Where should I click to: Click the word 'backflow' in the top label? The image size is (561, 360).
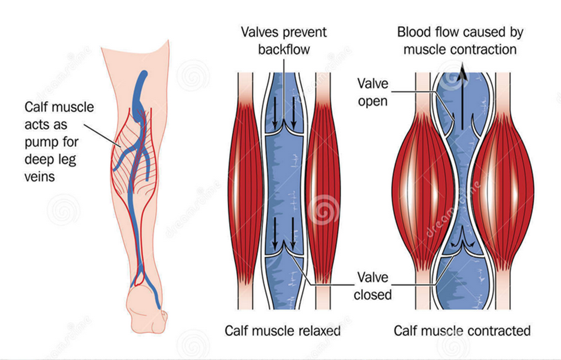(284, 49)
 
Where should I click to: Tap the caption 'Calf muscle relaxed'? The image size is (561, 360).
(282, 331)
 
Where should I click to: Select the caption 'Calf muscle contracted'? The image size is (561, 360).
(462, 331)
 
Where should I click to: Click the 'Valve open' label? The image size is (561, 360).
(373, 92)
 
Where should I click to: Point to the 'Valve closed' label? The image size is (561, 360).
(373, 286)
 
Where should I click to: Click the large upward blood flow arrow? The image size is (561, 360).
(462, 96)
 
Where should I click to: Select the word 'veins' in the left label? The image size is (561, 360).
(40, 177)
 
